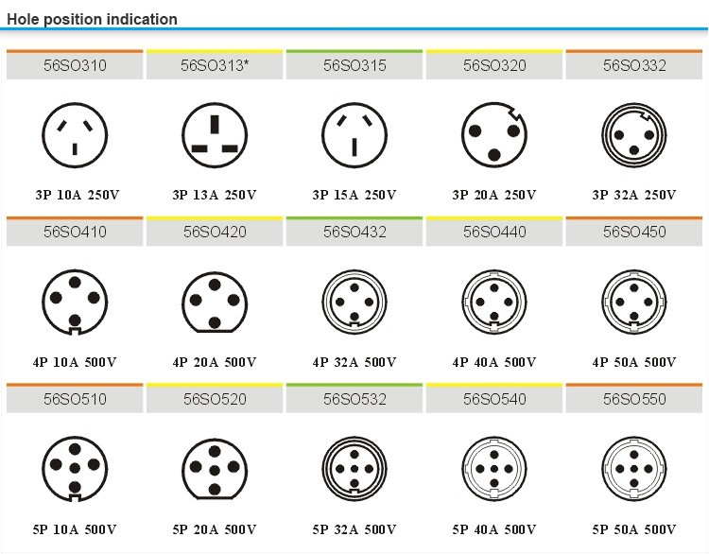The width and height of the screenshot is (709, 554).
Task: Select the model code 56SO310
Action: tap(75, 66)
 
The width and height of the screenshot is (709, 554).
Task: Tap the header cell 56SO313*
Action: tap(215, 66)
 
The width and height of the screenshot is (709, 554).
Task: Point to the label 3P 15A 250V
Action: tap(354, 196)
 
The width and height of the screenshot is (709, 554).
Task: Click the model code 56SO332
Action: tap(634, 66)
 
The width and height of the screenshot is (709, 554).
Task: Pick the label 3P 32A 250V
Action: tap(634, 196)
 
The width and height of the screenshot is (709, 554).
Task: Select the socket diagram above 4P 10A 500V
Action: tap(75, 302)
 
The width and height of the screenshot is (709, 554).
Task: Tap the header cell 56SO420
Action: tap(215, 233)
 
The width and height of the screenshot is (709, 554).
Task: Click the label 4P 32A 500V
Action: tap(354, 362)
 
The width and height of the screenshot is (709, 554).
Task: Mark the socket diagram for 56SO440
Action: tap(493, 302)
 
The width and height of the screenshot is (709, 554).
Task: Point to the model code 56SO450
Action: tap(634, 233)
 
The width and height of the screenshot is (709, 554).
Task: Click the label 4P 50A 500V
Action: tap(634, 362)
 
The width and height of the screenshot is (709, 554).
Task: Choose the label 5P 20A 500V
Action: tap(215, 528)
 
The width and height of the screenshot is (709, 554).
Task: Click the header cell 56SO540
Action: tap(493, 399)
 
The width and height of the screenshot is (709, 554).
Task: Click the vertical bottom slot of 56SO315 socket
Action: tap(354, 147)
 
